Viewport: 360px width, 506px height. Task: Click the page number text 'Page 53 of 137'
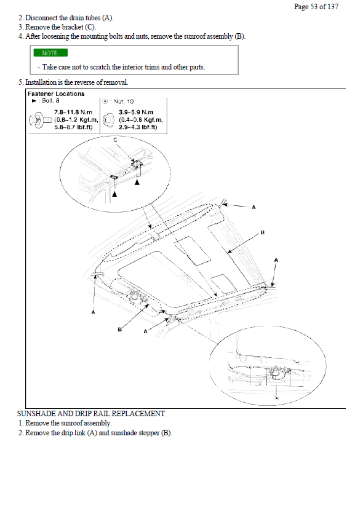[x=316, y=6]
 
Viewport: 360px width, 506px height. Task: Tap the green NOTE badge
[x=50, y=53]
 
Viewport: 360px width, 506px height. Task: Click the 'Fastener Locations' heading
[x=56, y=93]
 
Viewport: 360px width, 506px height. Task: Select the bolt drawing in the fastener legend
[x=41, y=120]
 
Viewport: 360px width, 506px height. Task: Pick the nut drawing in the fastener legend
[x=108, y=120]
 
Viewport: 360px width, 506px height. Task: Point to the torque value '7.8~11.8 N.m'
[x=73, y=113]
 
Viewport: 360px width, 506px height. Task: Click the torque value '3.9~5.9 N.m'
[x=136, y=113]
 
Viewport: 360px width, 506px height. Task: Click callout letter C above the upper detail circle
[x=115, y=140]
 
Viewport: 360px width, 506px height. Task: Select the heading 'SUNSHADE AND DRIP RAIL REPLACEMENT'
[x=90, y=414]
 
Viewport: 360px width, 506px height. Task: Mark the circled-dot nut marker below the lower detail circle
[x=276, y=398]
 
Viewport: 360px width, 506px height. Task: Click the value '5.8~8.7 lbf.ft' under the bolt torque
[x=73, y=127]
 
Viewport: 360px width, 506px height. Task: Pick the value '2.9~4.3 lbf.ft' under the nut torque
[x=138, y=127]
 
